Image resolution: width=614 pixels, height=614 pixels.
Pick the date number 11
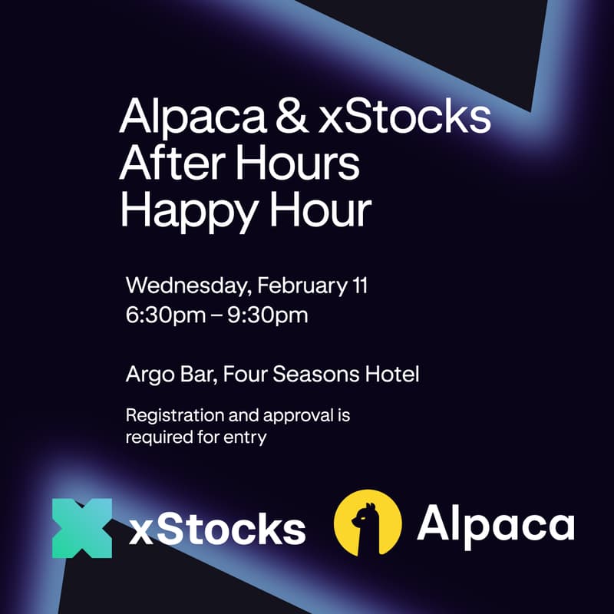[x=358, y=286]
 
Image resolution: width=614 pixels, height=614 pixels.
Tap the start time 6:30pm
[x=162, y=315]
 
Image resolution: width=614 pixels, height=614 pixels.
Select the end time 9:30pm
[x=269, y=315]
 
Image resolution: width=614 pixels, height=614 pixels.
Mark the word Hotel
[x=395, y=376]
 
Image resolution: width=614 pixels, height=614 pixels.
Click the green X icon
[x=82, y=528]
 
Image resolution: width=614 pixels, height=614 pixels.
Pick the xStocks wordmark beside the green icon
[x=217, y=530]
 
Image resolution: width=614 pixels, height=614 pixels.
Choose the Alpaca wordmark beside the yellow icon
[x=495, y=525]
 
